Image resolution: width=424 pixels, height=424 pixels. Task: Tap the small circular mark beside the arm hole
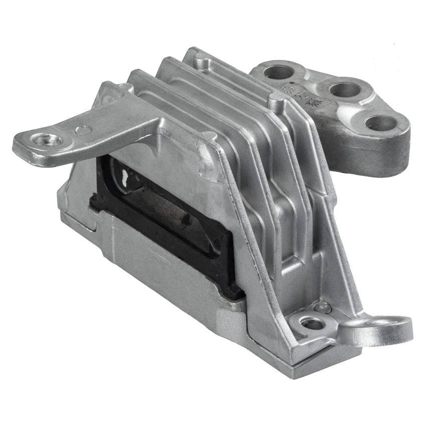83,130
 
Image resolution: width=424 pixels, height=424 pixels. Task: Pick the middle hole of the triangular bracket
345,90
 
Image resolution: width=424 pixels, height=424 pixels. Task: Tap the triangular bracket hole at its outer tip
381,123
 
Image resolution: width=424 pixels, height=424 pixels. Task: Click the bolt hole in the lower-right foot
314,324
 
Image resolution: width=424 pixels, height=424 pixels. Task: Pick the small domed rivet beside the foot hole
324,308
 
